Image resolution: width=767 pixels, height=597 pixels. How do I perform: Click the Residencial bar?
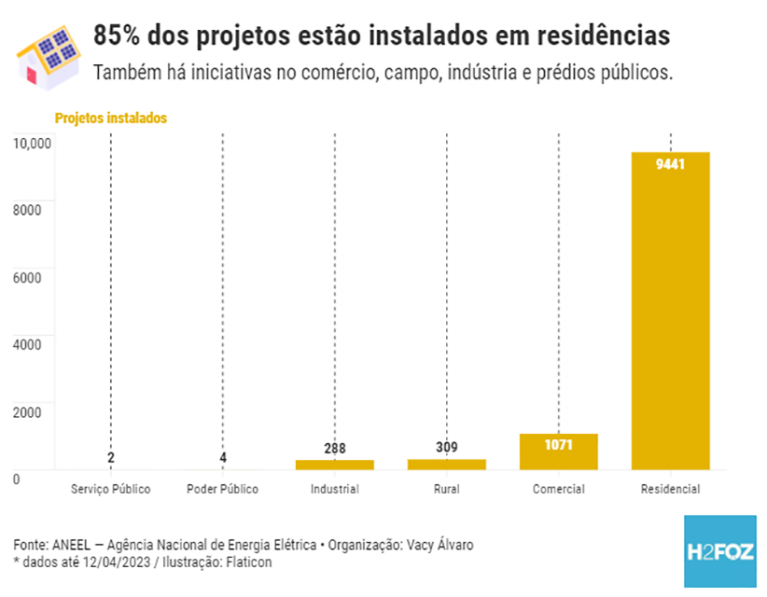(x=670, y=310)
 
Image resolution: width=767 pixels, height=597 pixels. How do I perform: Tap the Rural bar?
(x=446, y=464)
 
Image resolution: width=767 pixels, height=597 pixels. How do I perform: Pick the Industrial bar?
(x=334, y=464)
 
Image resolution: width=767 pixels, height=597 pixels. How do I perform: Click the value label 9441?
(x=670, y=164)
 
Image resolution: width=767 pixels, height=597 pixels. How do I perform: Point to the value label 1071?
(x=558, y=444)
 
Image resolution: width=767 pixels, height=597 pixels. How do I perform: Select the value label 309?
(x=446, y=448)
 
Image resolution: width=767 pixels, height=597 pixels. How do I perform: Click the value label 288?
(x=334, y=449)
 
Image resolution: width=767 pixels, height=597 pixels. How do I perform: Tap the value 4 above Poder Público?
(x=223, y=457)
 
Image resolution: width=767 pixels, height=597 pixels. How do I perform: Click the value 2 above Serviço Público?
(x=111, y=457)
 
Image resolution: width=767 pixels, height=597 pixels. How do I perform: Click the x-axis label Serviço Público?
(x=110, y=489)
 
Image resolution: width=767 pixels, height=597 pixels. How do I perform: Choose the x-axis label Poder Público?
(x=222, y=489)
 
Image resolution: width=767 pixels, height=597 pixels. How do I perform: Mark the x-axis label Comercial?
(x=558, y=489)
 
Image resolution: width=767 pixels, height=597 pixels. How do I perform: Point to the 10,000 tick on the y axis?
(x=30, y=143)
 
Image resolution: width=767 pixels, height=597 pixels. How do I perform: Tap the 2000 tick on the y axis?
(x=27, y=411)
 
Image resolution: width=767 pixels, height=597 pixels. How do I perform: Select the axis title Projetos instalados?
(x=110, y=118)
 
